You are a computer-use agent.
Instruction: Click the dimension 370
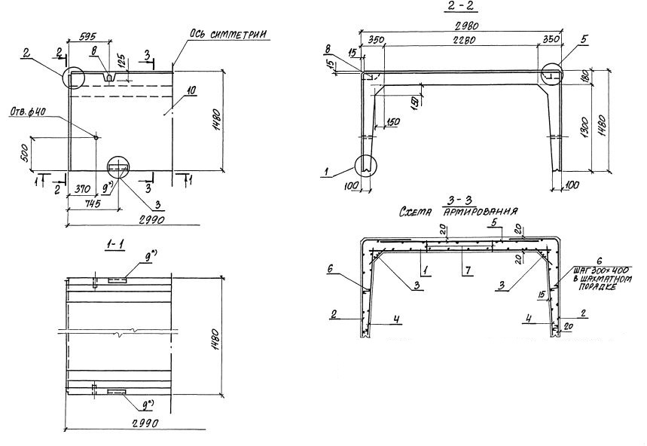(x=83, y=188)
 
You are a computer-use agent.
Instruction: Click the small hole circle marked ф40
(x=96, y=136)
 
